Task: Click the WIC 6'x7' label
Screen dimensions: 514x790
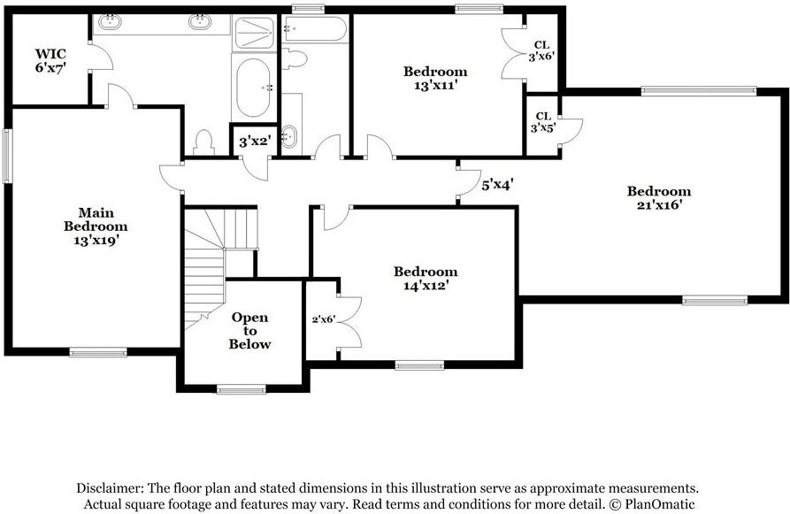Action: (51, 59)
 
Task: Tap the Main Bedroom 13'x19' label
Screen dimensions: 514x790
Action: (96, 226)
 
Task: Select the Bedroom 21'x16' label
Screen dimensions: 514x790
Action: (658, 197)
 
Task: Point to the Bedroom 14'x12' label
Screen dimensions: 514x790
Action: (426, 279)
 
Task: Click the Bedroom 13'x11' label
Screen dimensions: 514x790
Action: (435, 78)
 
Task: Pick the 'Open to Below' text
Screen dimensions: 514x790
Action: (249, 330)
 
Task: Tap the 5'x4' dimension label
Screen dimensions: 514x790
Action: (498, 185)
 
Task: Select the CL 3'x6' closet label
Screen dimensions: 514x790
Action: (542, 50)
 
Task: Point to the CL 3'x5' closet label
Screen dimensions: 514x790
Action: (541, 122)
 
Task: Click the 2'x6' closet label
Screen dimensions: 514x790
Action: (323, 319)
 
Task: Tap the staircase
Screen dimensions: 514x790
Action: (211, 261)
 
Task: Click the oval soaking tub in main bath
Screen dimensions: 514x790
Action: (254, 88)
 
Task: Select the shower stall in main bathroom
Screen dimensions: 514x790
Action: (255, 33)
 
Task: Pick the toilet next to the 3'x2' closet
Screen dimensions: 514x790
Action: (204, 142)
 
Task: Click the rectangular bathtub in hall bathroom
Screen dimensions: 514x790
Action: (315, 28)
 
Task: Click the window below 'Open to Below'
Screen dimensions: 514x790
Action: (241, 389)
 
